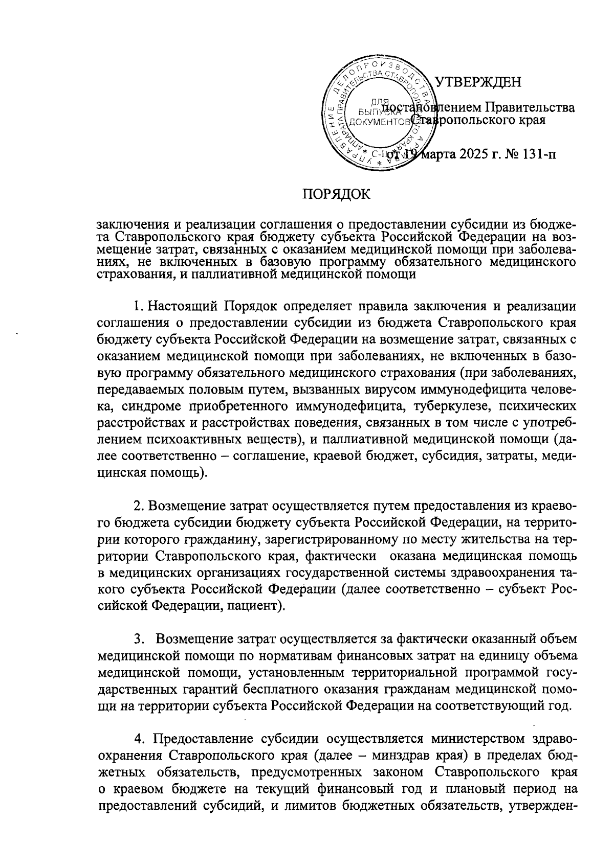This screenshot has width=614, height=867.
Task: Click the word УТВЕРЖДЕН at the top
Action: point(478,82)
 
